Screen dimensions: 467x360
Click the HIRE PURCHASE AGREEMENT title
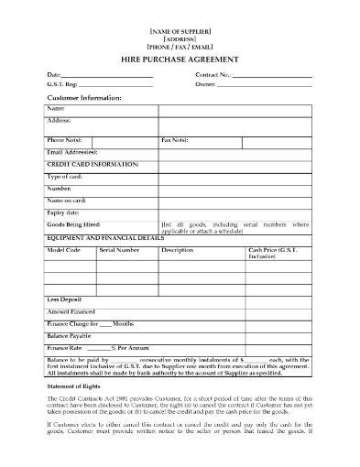click(x=180, y=59)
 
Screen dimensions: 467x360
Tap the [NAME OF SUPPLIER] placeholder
click(x=180, y=32)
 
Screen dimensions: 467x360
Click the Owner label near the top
click(x=205, y=84)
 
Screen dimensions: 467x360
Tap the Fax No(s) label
click(x=175, y=140)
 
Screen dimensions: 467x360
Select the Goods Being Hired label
click(x=72, y=223)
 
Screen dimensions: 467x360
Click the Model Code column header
click(x=63, y=249)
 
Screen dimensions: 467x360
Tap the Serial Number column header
click(x=119, y=249)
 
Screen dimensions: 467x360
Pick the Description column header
click(x=177, y=249)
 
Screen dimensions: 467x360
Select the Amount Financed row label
click(x=71, y=312)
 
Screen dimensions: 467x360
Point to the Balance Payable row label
click(x=70, y=336)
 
